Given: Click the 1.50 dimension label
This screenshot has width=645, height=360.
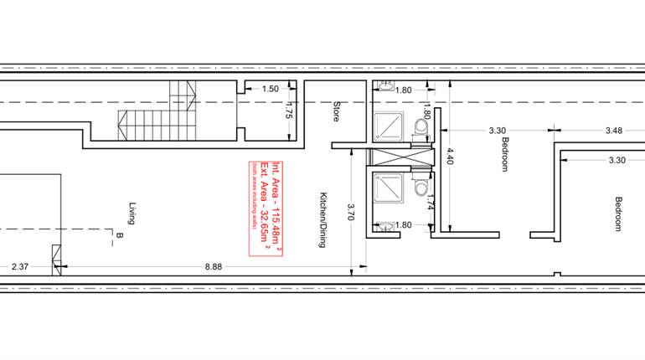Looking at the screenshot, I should (270, 89).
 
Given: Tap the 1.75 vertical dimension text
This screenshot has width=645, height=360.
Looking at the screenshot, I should (287, 111).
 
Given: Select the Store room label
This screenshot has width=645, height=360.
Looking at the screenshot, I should (337, 112).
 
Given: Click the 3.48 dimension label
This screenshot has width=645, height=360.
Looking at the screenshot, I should (613, 130).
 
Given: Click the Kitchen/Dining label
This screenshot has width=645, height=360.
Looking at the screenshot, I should (322, 219).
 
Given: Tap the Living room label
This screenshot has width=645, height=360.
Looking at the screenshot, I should (132, 214).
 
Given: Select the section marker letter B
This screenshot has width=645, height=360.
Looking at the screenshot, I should (120, 237).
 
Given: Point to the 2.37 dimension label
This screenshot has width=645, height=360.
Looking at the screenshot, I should (21, 268).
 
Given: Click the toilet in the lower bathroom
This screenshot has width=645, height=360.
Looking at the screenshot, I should (421, 188).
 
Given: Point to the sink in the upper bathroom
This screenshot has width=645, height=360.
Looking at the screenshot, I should (387, 85).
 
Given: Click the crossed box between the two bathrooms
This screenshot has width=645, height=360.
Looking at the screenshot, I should (400, 157).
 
